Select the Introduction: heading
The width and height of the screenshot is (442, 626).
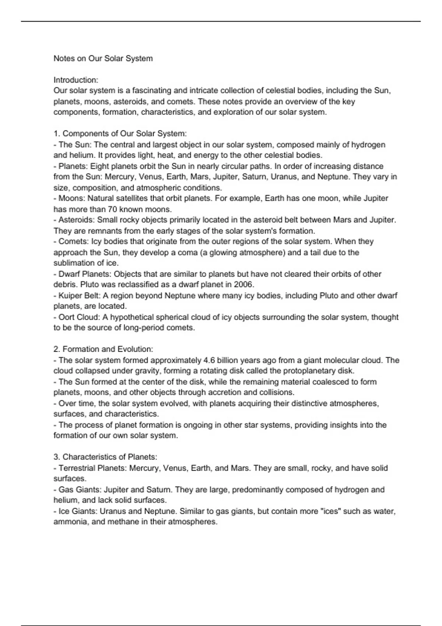76,80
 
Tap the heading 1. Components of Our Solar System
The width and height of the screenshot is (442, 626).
120,134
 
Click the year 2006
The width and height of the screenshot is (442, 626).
243,285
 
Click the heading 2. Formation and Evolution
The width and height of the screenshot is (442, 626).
103,349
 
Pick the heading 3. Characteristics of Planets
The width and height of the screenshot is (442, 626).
105,457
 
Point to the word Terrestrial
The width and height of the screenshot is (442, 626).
77,468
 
